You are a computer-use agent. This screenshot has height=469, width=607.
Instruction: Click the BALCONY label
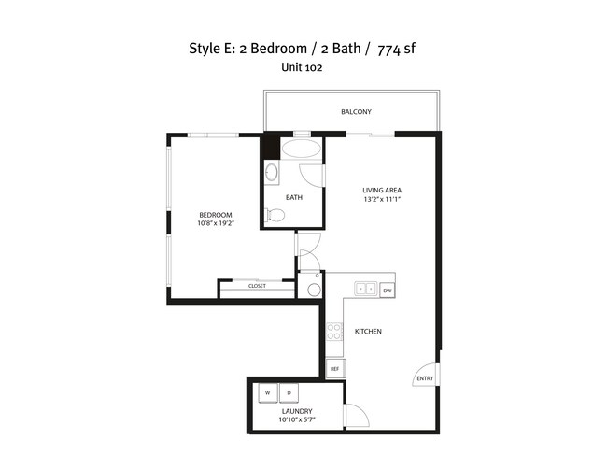pyautogui.click(x=356, y=112)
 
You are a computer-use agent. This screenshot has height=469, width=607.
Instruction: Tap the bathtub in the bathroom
pyautogui.click(x=301, y=149)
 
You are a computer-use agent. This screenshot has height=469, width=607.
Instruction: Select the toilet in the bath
pyautogui.click(x=275, y=215)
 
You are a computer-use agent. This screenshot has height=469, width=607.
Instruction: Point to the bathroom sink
pyautogui.click(x=271, y=172)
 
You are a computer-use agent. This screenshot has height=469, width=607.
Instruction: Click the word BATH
pyautogui.click(x=294, y=197)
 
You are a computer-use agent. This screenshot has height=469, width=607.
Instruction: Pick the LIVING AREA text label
pyautogui.click(x=381, y=191)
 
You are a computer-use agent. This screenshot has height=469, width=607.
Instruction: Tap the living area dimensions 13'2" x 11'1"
pyautogui.click(x=381, y=199)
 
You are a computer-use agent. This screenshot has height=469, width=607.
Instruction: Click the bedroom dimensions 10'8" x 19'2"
pyautogui.click(x=215, y=223)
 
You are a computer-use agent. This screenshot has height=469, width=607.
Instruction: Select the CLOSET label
pyautogui.click(x=257, y=286)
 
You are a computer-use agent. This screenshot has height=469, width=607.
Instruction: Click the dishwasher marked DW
pyautogui.click(x=387, y=290)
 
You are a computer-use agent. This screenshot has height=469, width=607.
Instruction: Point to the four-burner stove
pyautogui.click(x=334, y=332)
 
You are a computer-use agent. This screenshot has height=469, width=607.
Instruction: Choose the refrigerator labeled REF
pyautogui.click(x=333, y=369)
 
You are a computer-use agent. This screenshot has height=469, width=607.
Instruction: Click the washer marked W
pyautogui.click(x=267, y=392)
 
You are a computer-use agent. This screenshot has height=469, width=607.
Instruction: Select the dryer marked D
pyautogui.click(x=289, y=392)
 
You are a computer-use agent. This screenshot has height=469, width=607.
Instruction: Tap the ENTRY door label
pyautogui.click(x=425, y=378)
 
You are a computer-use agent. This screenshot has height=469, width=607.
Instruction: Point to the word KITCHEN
pyautogui.click(x=368, y=332)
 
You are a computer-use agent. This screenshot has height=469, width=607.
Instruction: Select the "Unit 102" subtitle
pyautogui.click(x=302, y=67)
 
